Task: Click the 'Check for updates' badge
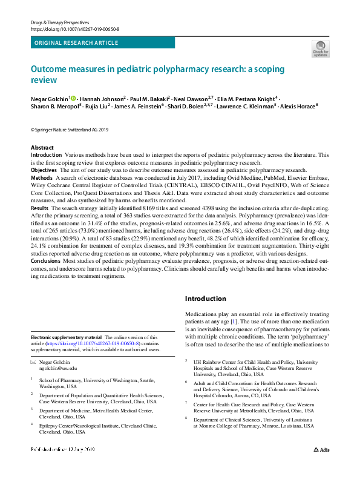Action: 321,48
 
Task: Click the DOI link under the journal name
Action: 74,28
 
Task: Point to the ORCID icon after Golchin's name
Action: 73,98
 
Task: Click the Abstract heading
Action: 42,148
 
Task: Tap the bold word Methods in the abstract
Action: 41,179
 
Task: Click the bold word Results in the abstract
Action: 40,207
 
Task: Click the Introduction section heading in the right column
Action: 205,299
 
